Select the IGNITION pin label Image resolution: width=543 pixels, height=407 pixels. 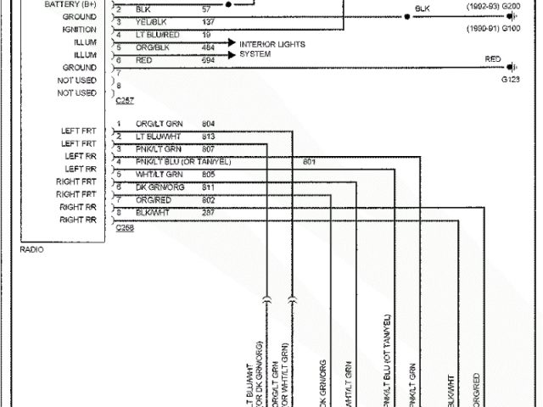80,29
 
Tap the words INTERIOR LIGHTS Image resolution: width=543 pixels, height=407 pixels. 272,43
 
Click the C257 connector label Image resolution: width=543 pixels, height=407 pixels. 124,100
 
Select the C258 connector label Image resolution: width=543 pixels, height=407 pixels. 124,226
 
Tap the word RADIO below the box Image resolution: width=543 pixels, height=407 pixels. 31,249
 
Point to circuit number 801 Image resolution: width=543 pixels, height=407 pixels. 309,161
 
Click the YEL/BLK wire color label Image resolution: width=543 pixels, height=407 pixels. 150,20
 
